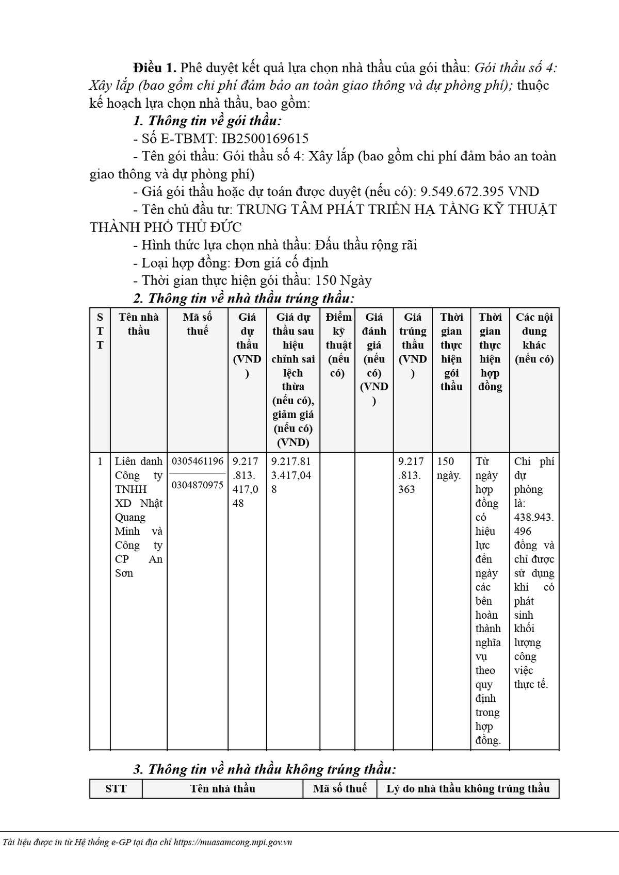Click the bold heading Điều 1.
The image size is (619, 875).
click(154, 68)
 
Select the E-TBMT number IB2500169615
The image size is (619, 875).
click(265, 138)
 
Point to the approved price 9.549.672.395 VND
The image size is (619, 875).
click(480, 192)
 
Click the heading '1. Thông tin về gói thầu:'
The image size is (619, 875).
click(207, 121)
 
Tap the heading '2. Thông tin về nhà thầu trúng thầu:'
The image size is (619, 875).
click(243, 298)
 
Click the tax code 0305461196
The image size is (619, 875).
click(198, 461)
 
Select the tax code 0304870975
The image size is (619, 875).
click(198, 485)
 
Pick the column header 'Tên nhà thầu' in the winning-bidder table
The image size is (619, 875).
click(139, 324)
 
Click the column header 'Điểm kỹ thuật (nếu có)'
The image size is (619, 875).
click(338, 344)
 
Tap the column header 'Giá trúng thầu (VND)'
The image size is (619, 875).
click(413, 344)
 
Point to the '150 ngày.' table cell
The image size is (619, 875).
click(449, 468)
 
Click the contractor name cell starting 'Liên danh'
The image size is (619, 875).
click(138, 517)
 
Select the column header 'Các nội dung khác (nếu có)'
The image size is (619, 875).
click(534, 338)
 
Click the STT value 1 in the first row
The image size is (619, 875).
click(100, 461)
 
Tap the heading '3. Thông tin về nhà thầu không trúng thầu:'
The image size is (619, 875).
click(264, 769)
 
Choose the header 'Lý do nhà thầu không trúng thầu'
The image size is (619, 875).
click(468, 788)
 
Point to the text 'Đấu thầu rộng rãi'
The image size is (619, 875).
click(366, 245)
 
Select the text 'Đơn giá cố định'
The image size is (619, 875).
click(281, 263)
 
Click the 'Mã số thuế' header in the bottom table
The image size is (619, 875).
click(339, 788)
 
